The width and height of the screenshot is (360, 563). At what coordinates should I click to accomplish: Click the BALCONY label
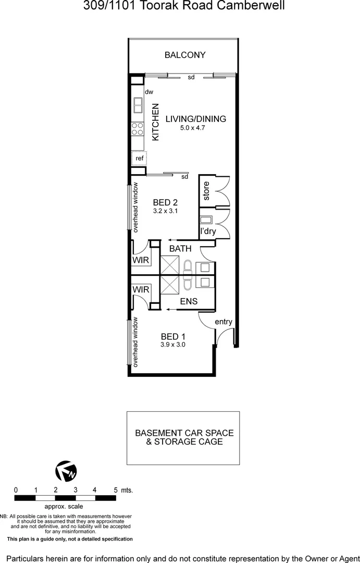[x=185, y=55]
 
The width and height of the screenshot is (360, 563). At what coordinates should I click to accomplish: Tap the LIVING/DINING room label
[x=196, y=119]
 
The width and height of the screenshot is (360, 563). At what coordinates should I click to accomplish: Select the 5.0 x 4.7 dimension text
[x=193, y=127]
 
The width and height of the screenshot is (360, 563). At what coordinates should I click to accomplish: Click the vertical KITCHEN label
[x=155, y=122]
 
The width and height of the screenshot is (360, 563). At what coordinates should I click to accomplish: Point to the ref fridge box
[x=139, y=158]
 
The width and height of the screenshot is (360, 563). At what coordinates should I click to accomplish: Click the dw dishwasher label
[x=149, y=92]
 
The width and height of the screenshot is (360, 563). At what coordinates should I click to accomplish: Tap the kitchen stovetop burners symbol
[x=138, y=129]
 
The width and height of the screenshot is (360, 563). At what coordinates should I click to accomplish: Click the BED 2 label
[x=166, y=203]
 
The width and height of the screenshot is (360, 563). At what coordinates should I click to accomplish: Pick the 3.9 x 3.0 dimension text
[x=173, y=345]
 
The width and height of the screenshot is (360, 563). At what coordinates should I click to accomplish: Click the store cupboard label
[x=206, y=191]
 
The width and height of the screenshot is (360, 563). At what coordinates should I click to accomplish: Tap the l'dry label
[x=208, y=231]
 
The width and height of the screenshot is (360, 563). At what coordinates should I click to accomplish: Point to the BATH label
[x=180, y=249]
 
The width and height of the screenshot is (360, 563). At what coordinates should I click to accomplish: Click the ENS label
[x=189, y=301]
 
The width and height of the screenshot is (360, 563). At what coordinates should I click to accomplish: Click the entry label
[x=224, y=322]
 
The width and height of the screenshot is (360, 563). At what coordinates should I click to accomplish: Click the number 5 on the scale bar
[x=115, y=490]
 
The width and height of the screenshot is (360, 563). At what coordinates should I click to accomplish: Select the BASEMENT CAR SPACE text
[x=184, y=433]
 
